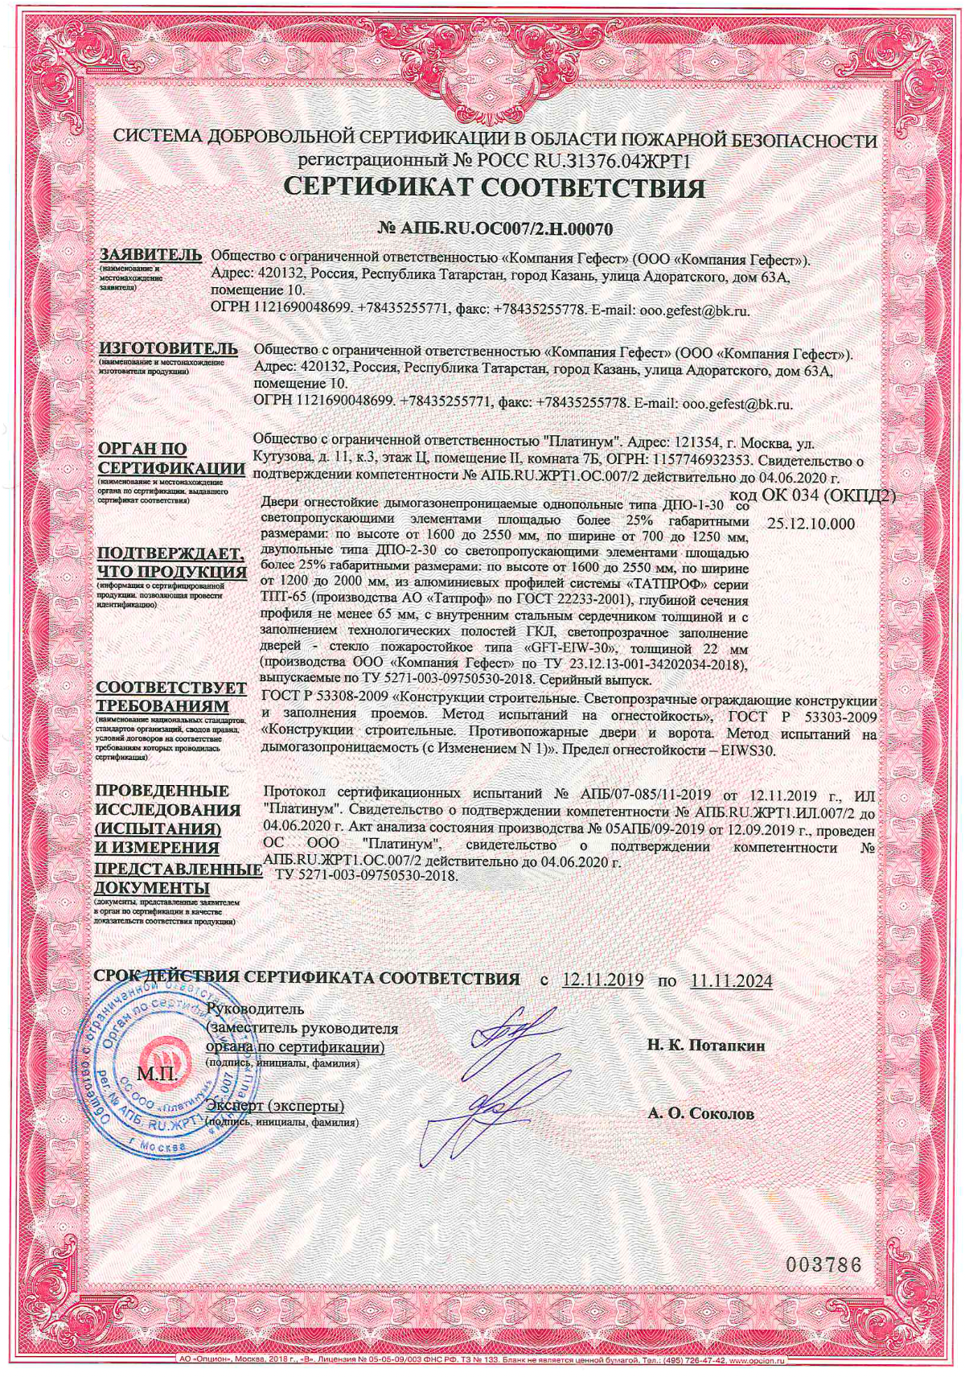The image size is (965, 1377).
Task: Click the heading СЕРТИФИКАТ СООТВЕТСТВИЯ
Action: tap(495, 188)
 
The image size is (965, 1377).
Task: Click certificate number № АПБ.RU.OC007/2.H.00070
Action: tap(495, 229)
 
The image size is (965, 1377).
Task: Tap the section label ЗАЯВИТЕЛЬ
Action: tap(150, 255)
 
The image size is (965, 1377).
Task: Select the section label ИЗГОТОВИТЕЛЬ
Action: tap(167, 348)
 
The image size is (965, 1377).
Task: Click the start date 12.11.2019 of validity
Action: tap(602, 980)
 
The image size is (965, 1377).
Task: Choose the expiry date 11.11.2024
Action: tap(731, 980)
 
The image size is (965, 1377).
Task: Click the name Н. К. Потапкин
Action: tap(706, 1046)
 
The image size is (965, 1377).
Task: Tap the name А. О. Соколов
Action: tap(701, 1114)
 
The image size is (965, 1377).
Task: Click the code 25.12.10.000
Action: tap(811, 524)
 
